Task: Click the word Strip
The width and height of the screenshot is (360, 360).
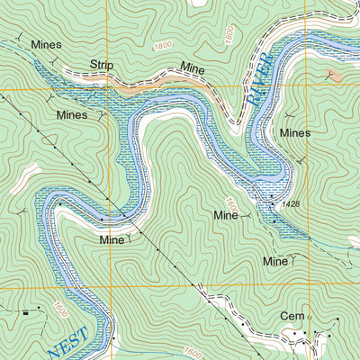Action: tap(103, 65)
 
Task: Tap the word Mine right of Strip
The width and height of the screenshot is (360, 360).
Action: tap(193, 67)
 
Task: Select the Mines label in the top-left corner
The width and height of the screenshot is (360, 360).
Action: tap(45, 44)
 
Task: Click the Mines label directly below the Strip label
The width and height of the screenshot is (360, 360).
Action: tap(72, 115)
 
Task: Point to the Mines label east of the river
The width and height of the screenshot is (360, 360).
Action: tap(294, 132)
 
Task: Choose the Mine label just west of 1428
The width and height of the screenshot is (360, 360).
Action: tap(225, 216)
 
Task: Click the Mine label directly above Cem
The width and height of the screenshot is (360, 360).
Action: tap(274, 261)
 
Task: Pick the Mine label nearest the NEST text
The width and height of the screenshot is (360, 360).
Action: tap(112, 240)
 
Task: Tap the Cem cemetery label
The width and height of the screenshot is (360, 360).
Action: tap(292, 317)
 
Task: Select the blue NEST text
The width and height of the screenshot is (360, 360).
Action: tap(69, 342)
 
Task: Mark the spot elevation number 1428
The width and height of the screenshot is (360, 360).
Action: tap(289, 205)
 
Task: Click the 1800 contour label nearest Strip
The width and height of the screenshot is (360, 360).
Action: tap(162, 46)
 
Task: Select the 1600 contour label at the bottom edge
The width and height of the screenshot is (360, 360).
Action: tap(191, 352)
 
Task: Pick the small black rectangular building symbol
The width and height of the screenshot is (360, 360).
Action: tap(26, 311)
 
